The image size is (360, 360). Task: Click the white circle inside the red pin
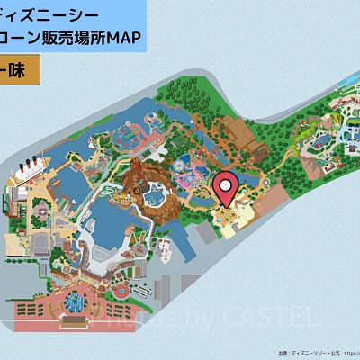[x=227, y=184]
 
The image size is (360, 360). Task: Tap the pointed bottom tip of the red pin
[x=227, y=207]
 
